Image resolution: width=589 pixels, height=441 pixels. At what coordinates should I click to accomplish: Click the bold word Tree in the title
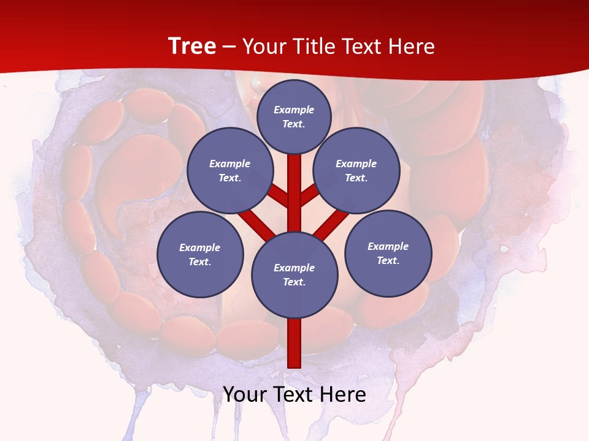[192, 47]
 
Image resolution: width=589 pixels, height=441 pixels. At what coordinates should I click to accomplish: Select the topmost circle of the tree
[294, 116]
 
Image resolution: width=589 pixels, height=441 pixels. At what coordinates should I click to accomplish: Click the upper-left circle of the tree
[229, 170]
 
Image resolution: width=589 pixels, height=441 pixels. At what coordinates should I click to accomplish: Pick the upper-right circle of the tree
[356, 170]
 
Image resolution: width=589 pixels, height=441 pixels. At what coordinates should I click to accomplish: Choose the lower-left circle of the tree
[200, 254]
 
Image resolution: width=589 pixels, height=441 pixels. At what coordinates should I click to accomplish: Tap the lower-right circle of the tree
[388, 253]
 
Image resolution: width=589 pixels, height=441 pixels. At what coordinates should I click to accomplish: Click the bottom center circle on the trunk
[294, 274]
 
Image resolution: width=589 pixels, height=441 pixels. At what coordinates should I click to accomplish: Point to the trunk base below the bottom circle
[294, 343]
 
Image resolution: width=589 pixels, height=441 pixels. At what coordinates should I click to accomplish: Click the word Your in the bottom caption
[244, 394]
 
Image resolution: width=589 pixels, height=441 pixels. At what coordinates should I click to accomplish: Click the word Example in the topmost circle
[294, 110]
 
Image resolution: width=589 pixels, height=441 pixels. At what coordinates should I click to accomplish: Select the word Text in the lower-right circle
[388, 260]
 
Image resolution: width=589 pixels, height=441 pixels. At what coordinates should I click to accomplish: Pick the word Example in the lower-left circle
[200, 247]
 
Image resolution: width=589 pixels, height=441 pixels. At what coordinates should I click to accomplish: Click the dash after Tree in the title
[229, 47]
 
